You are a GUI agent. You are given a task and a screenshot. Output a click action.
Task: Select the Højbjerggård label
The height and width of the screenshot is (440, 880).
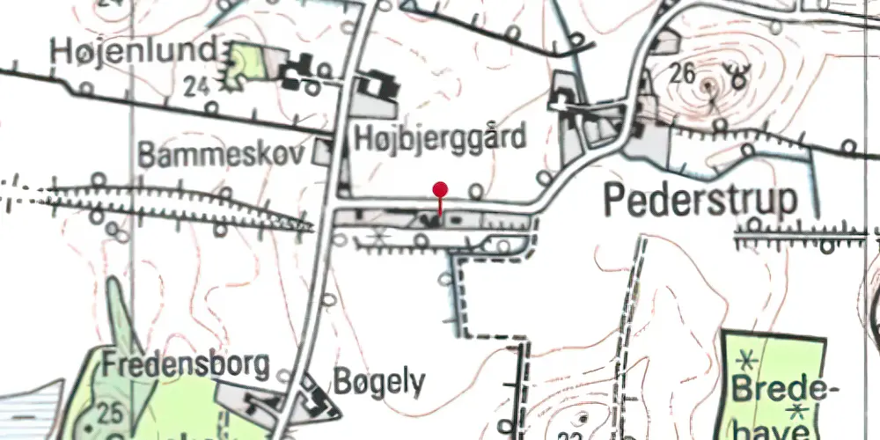[440, 138]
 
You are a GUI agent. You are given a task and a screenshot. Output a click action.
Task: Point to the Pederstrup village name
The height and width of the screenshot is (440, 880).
[700, 201]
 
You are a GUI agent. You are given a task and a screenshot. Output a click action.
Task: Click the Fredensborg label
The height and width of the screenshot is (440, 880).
[185, 364]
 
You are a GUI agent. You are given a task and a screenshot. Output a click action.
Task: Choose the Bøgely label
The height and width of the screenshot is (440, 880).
[379, 383]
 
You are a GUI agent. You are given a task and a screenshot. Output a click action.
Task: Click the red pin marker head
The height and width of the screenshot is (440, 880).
[440, 189]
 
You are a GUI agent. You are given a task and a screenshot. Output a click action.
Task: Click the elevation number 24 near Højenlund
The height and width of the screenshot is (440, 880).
[197, 86]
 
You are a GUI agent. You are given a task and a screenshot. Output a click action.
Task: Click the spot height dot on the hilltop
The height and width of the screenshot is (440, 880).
[709, 85]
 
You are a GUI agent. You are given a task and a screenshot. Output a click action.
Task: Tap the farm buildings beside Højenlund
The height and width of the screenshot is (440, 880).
[302, 69]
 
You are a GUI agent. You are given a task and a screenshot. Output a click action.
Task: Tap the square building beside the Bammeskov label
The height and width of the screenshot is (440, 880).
[324, 152]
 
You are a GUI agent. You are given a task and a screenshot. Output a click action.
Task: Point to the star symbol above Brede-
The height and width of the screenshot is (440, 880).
[748, 359]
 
